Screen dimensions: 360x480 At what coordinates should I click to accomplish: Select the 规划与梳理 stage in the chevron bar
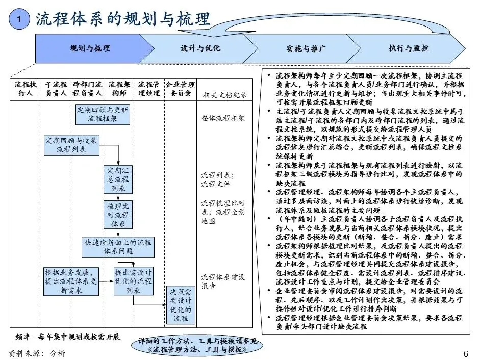[x=89, y=48]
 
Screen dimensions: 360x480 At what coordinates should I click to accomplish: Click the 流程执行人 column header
[x=24, y=89]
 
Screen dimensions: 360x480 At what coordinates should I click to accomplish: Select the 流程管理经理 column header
[x=149, y=89]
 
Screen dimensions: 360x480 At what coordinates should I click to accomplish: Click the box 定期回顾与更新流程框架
[x=102, y=114]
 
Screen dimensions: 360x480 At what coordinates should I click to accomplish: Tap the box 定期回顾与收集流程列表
[x=71, y=145]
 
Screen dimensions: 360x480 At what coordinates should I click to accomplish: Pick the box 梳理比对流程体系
[x=118, y=215]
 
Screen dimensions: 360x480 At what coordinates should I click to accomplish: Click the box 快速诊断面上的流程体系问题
[x=117, y=247]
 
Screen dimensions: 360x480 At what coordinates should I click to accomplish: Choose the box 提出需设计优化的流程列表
[x=133, y=281]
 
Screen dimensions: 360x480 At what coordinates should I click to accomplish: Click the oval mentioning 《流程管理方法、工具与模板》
[x=197, y=345]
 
